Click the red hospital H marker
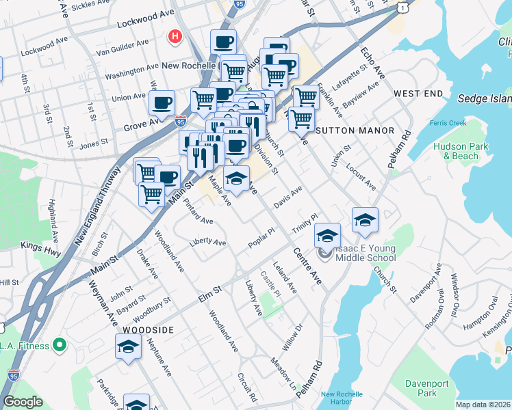[x=176, y=36]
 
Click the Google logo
[x=23, y=402]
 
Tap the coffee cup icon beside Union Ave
[x=162, y=102]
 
